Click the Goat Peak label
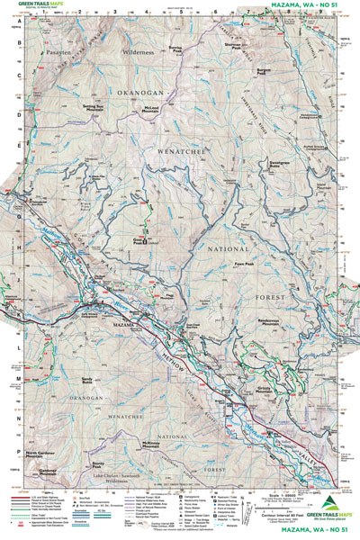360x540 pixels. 140,240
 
